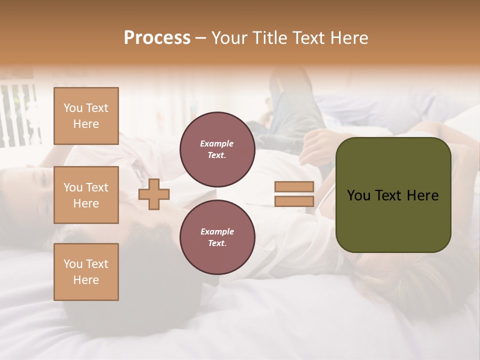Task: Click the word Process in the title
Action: pos(157,38)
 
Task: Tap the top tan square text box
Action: pos(86,116)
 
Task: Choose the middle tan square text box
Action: pos(86,195)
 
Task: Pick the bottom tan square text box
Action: pos(86,272)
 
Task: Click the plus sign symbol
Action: pos(154,195)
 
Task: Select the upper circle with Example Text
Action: pos(217,149)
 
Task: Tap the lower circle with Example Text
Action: pos(217,237)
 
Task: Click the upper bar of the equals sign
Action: pos(294,187)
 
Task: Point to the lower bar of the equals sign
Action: pos(294,201)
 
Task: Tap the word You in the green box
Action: pos(358,195)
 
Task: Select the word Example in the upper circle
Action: pos(217,143)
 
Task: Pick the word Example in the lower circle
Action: pos(217,231)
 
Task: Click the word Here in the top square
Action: pos(86,124)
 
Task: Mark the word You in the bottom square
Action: pos(73,264)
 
